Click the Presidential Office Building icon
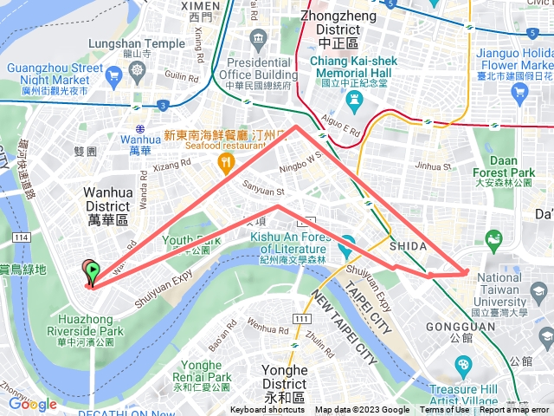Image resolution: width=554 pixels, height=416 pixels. (x=258, y=39)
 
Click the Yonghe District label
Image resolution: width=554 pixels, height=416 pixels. (x=284, y=377)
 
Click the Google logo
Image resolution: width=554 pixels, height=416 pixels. (x=33, y=404)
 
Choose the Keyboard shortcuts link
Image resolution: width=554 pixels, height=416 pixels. (x=267, y=410)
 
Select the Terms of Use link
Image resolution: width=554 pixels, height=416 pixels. (x=445, y=410)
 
